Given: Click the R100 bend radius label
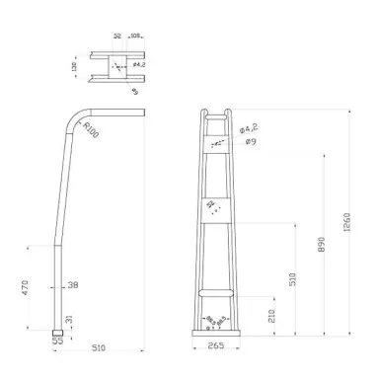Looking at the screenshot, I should (92, 128).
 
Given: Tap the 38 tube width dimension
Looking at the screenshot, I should (72, 286).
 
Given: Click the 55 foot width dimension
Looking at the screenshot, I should (57, 341).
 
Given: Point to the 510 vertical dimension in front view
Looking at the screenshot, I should (292, 279).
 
